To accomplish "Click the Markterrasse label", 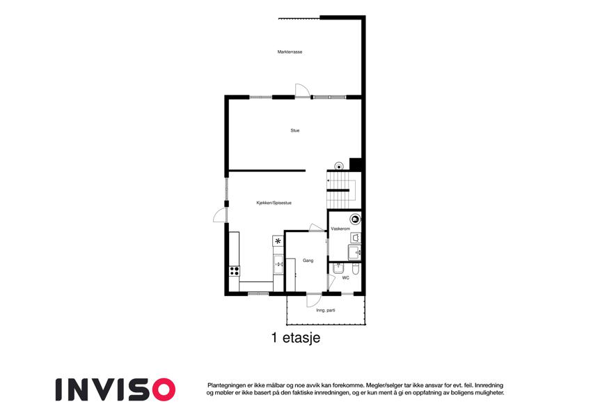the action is click(x=290, y=52).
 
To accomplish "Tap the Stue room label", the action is click(x=294, y=130).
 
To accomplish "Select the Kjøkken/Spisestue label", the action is click(x=274, y=203).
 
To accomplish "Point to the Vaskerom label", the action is click(x=340, y=229).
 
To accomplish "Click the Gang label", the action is click(x=308, y=261).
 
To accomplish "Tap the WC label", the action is click(x=346, y=278).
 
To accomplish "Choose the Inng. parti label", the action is click(x=326, y=311).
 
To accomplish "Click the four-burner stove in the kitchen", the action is click(x=234, y=270).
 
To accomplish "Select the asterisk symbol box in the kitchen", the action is click(x=278, y=240).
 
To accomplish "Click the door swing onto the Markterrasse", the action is click(x=302, y=90).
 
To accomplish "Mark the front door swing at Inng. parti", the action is click(x=313, y=300).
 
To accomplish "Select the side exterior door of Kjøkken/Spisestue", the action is click(x=220, y=216).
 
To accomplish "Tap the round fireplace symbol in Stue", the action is click(x=339, y=166).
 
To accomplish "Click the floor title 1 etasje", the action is click(x=295, y=338).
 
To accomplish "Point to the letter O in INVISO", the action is click(x=163, y=389).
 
